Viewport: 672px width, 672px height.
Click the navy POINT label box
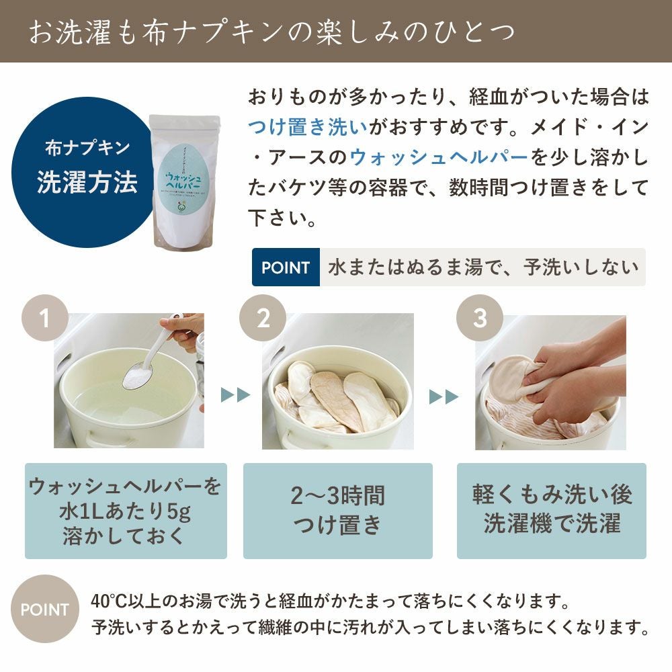286,267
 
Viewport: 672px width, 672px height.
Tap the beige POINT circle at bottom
44,610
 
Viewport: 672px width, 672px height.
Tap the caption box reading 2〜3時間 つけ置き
337,510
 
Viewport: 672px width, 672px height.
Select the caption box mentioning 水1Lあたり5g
126,510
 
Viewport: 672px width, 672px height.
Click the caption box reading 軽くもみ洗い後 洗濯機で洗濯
551,510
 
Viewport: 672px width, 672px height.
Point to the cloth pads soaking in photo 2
333,400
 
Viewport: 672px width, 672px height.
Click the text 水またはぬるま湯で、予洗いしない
482,267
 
